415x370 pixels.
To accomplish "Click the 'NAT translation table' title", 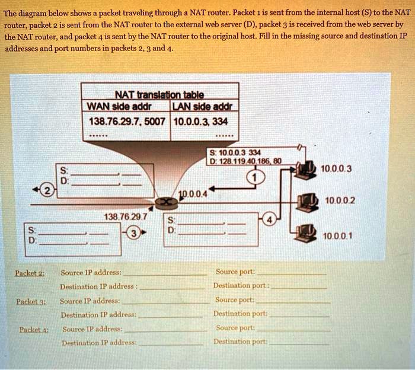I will tap(159, 95).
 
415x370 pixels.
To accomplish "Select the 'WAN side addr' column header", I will tap(119, 107).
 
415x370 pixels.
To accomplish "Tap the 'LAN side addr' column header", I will tap(203, 107).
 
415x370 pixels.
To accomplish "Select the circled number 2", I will tap(46, 190).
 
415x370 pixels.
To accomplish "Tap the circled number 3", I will tap(135, 232).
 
